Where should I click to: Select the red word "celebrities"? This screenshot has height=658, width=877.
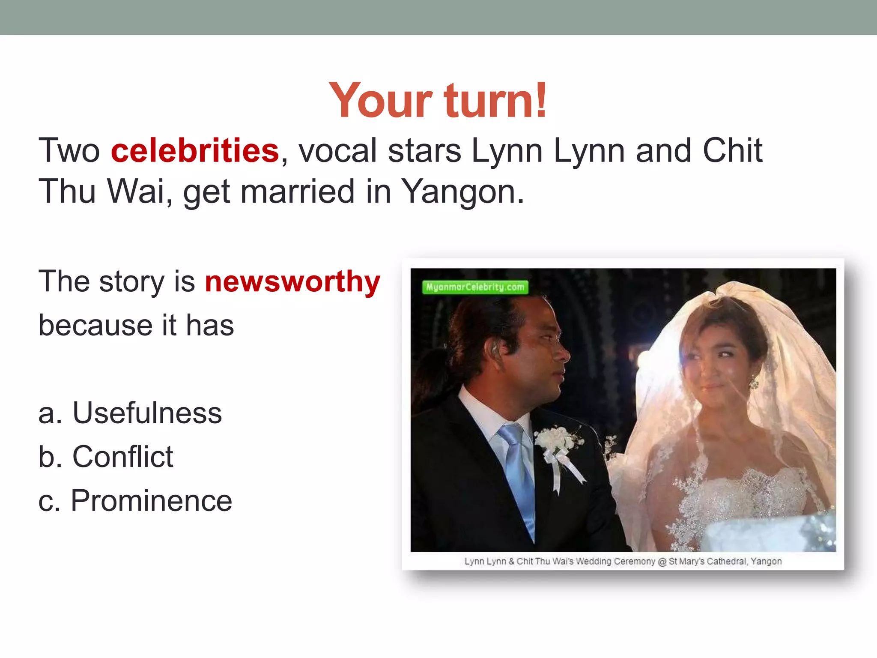pyautogui.click(x=195, y=151)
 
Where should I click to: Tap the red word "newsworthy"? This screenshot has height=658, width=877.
pyautogui.click(x=292, y=281)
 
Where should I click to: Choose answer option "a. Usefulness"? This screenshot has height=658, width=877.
pyautogui.click(x=130, y=413)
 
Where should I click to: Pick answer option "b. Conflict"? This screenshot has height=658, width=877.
pyautogui.click(x=106, y=457)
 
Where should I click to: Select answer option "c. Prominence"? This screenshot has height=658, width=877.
pyautogui.click(x=135, y=500)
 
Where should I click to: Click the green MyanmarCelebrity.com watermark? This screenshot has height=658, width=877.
pyautogui.click(x=475, y=287)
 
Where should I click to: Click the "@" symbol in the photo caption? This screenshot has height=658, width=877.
pyautogui.click(x=662, y=561)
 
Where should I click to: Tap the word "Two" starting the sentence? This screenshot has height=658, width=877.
pyautogui.click(x=69, y=151)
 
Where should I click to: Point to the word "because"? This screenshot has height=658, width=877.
pyautogui.click(x=94, y=325)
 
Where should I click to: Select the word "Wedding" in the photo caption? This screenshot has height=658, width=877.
pyautogui.click(x=594, y=561)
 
